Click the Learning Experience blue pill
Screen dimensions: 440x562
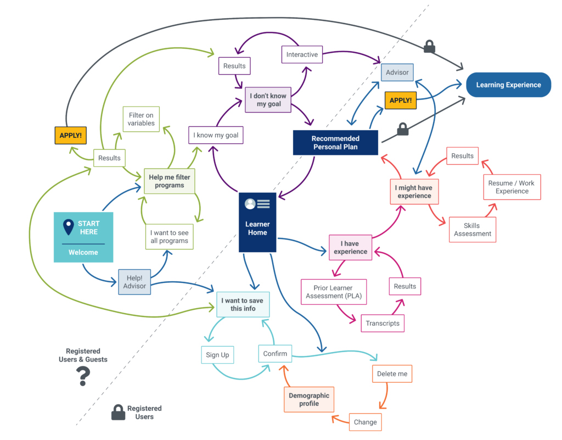pos(508,85)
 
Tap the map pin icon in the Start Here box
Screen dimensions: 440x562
pos(68,227)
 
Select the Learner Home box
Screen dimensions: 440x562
pos(257,222)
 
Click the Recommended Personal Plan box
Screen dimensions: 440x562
pos(335,143)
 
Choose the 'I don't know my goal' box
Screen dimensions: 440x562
pos(268,99)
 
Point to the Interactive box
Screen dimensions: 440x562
pos(302,54)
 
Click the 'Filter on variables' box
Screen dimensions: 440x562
pos(141,119)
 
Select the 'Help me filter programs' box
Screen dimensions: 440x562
pos(169,181)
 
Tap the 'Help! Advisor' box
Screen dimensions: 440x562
pos(134,282)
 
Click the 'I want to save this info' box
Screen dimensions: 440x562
pos(243,304)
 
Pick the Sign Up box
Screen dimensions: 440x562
pos(217,355)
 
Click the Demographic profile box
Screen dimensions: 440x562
pos(309,399)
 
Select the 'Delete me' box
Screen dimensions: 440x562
pos(392,374)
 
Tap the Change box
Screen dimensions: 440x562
pos(365,422)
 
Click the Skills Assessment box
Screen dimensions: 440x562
pos(472,230)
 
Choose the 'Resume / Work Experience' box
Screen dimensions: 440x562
pos(512,187)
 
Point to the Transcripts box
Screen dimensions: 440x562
pos(383,323)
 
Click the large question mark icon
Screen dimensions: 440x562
pos(83,376)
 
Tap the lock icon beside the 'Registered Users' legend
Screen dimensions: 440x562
pos(118,413)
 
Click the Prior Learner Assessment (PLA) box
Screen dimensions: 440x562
pos(333,292)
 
